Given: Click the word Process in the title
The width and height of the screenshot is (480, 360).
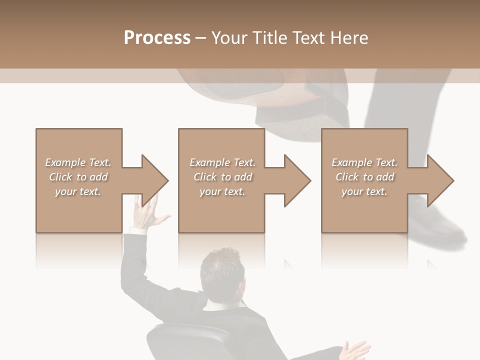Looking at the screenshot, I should [157, 38].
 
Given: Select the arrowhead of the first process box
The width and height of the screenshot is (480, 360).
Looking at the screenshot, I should [154, 180].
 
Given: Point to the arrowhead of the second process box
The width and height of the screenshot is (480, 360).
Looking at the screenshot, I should [297, 180].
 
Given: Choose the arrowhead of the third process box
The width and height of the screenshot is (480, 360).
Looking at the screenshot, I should [440, 180].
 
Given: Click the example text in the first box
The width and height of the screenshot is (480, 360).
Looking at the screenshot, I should [78, 177].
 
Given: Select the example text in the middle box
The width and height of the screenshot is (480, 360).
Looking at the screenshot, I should [222, 177].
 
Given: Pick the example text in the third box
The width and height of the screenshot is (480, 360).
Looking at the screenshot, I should [364, 177].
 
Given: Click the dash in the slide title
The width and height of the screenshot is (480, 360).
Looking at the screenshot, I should [200, 38].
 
